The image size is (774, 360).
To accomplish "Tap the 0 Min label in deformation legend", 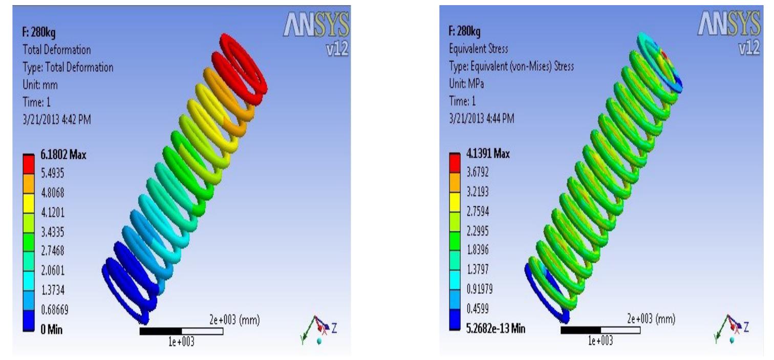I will point(51,330).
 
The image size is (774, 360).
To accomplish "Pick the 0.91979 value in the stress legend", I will point(480,289).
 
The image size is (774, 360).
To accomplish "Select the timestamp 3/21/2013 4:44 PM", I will point(481,119).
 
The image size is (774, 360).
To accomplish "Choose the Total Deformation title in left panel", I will point(57,50).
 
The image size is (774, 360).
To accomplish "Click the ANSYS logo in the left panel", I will point(316,25).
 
